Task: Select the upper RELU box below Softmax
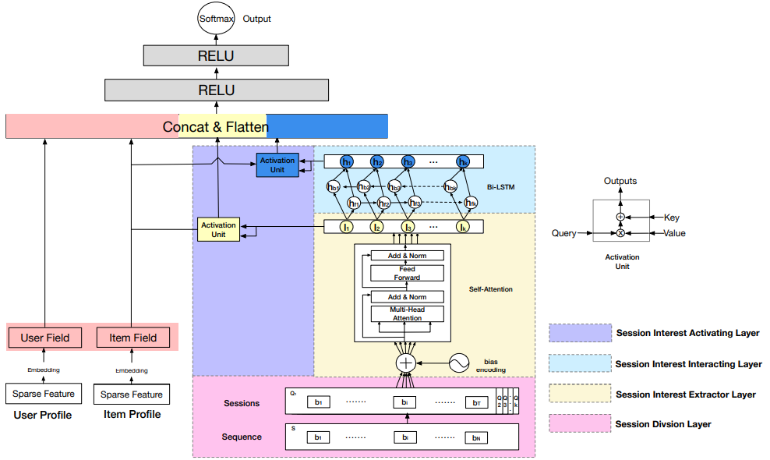(x=216, y=56)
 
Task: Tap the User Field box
(x=45, y=338)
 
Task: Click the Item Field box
(x=132, y=338)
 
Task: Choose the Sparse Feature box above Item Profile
(x=132, y=395)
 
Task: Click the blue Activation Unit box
(x=277, y=165)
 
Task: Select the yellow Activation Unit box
(x=218, y=229)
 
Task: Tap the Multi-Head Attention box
(x=407, y=313)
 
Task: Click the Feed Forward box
(x=407, y=273)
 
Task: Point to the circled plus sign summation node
(x=406, y=363)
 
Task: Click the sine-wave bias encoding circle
(x=458, y=363)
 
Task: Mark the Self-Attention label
(x=491, y=289)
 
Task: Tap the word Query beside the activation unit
(x=563, y=233)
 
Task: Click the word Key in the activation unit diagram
(x=671, y=218)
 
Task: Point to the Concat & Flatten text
(x=215, y=126)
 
